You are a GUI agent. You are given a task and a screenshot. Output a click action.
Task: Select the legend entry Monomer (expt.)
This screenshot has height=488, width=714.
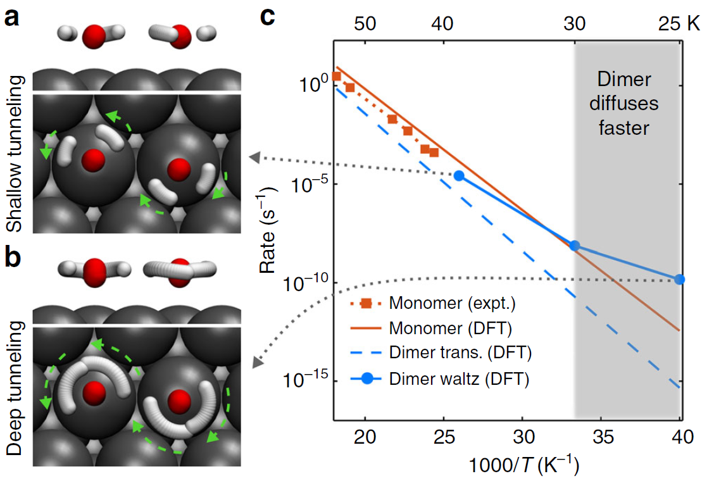pyautogui.click(x=453, y=303)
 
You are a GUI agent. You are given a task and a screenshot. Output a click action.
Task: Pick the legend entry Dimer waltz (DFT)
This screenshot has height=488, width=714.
pyautogui.click(x=459, y=380)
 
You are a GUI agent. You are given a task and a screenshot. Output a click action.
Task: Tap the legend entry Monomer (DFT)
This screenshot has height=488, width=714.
pyautogui.click(x=450, y=328)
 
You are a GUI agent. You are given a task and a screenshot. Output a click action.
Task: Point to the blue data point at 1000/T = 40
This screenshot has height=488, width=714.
pyautogui.click(x=680, y=279)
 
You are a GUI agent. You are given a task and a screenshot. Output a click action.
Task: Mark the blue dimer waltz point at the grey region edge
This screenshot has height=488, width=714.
pyautogui.click(x=575, y=246)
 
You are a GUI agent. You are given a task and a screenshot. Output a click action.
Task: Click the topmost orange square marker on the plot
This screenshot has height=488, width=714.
pyautogui.click(x=337, y=76)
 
